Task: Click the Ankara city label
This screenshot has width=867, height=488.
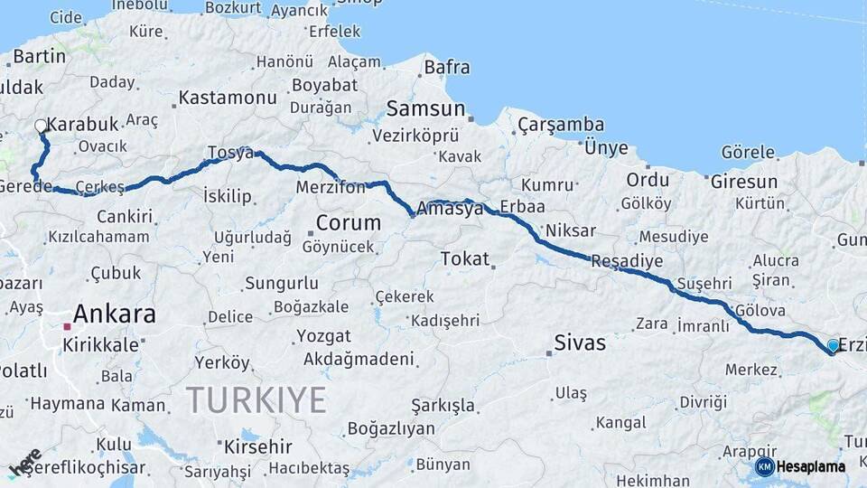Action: [114, 314]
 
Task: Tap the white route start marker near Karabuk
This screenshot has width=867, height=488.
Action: [41, 127]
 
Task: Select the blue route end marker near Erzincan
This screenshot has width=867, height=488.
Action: [833, 345]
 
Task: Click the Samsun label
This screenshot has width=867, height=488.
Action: [425, 108]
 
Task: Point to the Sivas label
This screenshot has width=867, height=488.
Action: [580, 343]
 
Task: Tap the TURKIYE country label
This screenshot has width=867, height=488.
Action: [256, 399]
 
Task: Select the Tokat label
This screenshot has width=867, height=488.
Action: [464, 259]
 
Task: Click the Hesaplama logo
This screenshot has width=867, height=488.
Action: [801, 466]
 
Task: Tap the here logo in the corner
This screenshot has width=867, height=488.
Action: [24, 463]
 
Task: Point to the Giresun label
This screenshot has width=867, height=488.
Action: [743, 181]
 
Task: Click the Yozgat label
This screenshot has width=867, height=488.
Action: [323, 336]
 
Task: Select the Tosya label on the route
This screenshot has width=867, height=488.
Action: [230, 152]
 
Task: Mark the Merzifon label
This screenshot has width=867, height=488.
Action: [331, 188]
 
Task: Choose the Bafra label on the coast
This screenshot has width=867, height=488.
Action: [447, 67]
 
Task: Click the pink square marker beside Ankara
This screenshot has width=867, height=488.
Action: [67, 326]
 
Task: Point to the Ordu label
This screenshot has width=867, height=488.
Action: [648, 180]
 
